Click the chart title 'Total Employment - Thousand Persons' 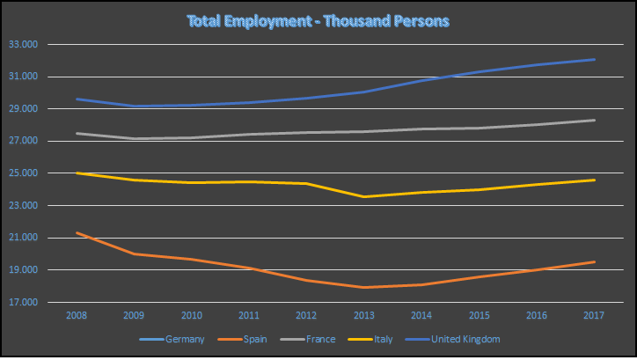[x=318, y=18]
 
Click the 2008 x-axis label [x=77, y=313]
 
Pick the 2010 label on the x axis [x=192, y=313]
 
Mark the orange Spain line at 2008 [x=77, y=233]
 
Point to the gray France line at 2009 [x=135, y=138]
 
